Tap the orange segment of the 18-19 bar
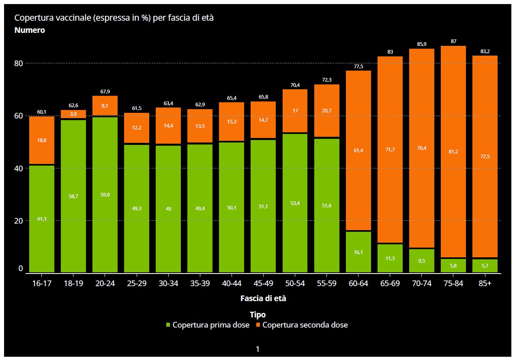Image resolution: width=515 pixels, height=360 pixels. click(73, 114)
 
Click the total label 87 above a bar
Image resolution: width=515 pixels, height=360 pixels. click(453, 41)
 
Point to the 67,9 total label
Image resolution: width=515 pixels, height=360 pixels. click(105, 91)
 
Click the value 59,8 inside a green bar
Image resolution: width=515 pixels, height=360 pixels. click(105, 195)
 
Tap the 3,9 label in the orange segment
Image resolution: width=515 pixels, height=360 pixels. click(73, 114)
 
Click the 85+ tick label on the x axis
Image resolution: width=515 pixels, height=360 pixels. click(485, 283)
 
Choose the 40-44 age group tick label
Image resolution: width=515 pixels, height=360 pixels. click(232, 283)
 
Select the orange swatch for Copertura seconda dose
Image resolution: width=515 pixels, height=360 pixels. click(258, 325)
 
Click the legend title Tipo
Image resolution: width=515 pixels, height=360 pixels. click(257, 315)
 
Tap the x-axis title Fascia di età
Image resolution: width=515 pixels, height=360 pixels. click(263, 298)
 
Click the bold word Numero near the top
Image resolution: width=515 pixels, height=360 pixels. click(30, 30)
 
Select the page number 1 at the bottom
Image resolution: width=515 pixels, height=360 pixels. click(257, 349)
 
